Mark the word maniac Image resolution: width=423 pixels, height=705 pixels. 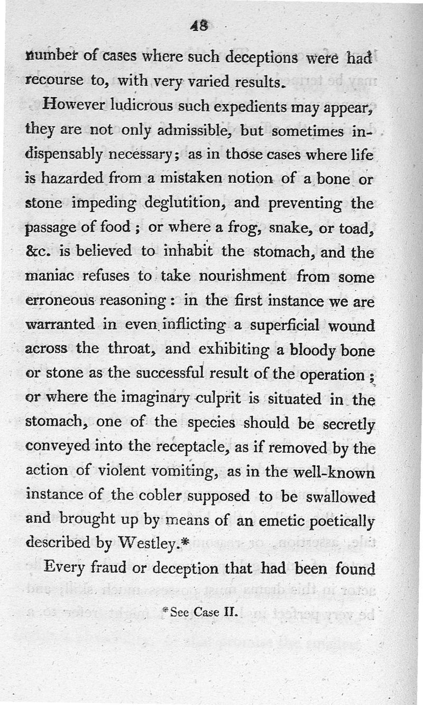pos(50,277)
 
